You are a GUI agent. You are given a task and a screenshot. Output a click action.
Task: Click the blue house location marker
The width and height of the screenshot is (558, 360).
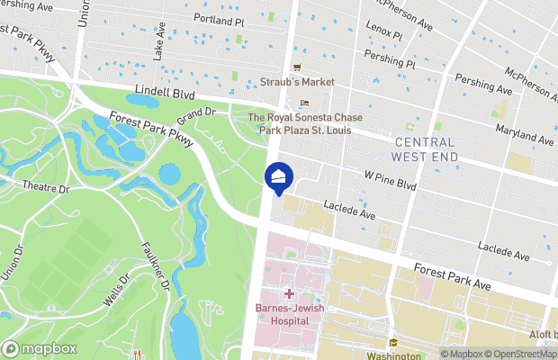coord(279,177)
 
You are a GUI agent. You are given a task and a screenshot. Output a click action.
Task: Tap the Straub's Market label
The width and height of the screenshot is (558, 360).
coord(298,82)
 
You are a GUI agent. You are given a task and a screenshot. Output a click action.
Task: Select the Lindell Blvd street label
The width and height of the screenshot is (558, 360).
coord(165,92)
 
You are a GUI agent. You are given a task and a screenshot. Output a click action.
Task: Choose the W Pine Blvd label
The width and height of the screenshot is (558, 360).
coord(390,180)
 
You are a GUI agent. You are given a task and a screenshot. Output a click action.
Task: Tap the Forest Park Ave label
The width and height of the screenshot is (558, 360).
coord(452,275)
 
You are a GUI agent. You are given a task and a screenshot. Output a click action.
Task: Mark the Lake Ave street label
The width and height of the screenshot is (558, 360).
coord(159,49)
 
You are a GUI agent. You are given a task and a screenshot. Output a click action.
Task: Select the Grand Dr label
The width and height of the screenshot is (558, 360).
coord(197,116)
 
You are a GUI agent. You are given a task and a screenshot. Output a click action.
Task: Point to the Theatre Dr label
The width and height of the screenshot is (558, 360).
coord(46,189)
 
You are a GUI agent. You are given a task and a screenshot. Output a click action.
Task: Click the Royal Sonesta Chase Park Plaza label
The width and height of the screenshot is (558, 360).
coord(307,123)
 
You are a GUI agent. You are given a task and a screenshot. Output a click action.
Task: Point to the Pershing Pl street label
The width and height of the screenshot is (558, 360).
coord(389,60)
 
